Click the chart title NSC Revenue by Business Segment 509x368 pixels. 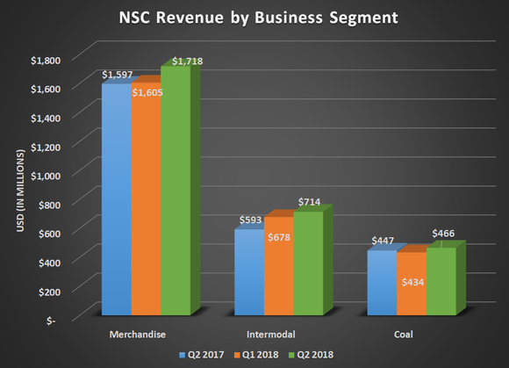pyautogui.click(x=254, y=18)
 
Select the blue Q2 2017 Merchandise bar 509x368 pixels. pyautogui.click(x=116, y=202)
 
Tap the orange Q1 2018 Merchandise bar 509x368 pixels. pyautogui.click(x=146, y=206)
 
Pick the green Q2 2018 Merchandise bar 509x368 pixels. pyautogui.click(x=176, y=193)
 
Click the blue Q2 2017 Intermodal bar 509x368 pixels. pyautogui.click(x=248, y=272)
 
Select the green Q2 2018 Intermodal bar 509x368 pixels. pyautogui.click(x=308, y=263)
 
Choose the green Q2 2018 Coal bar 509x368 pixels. pyautogui.click(x=441, y=281)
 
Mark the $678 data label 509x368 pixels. pyautogui.click(x=278, y=237)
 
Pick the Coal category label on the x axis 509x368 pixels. pyautogui.click(x=411, y=334)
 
